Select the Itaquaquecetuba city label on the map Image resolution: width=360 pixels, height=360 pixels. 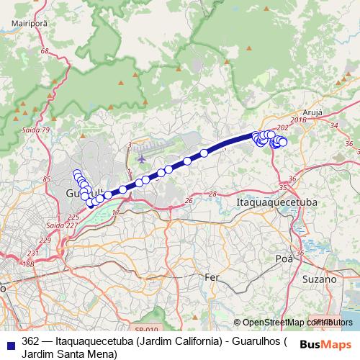tap(276, 204)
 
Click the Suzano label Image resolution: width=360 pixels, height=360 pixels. tap(320, 279)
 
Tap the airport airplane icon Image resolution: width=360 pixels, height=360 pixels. tap(140, 157)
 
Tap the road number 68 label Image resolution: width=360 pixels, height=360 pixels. tap(45, 52)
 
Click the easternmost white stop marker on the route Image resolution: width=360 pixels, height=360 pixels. tap(283, 143)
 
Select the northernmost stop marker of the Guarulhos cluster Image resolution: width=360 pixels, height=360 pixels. tap(76, 174)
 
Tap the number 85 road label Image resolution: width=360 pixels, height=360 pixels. tap(48, 179)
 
